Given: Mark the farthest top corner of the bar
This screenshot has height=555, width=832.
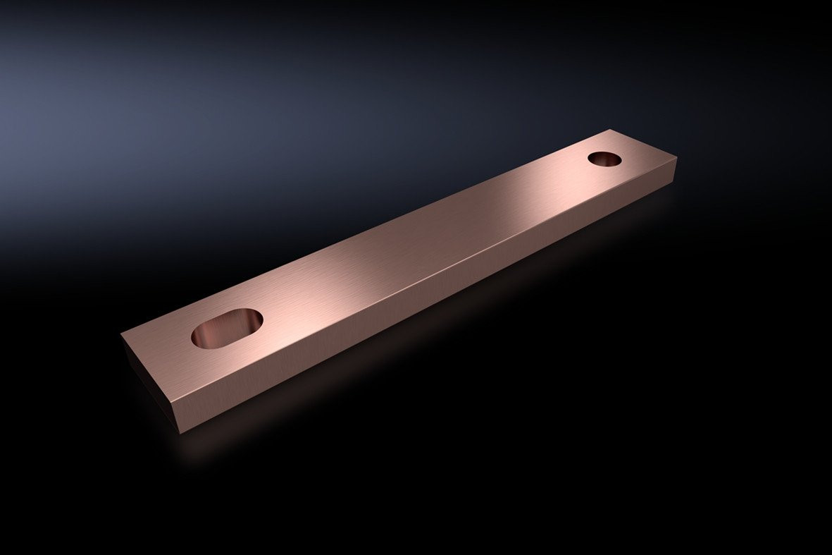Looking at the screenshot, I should pos(611,129).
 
